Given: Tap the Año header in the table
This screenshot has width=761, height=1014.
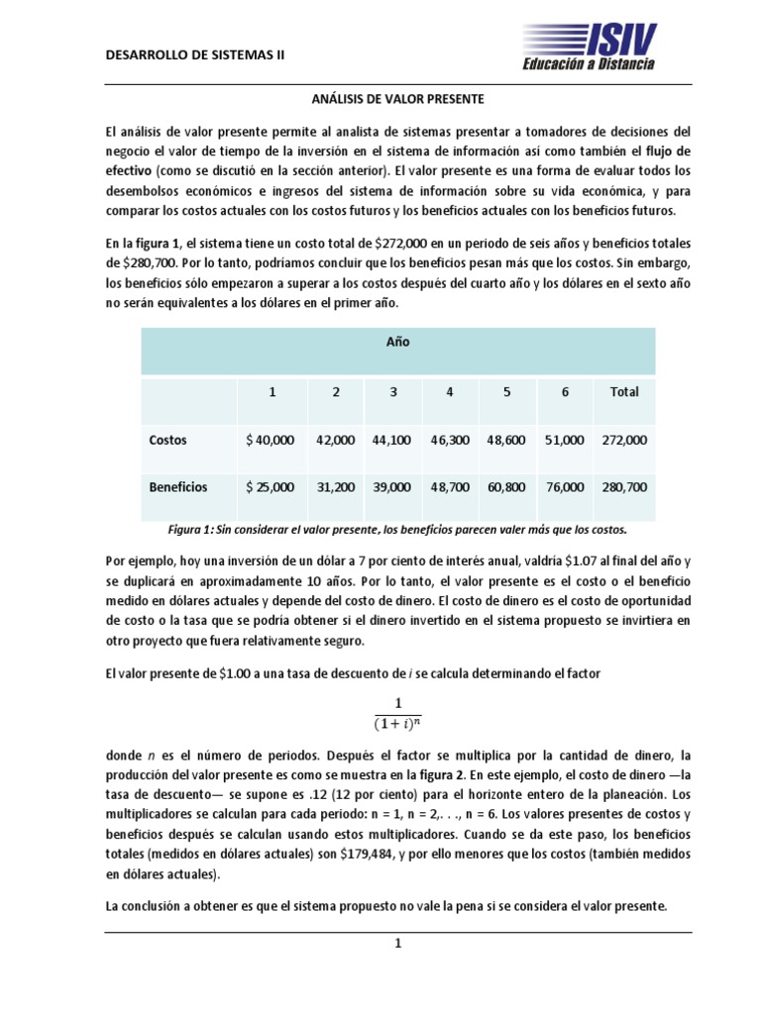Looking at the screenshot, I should pos(397,342).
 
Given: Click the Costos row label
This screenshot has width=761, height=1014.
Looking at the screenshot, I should pos(167,440).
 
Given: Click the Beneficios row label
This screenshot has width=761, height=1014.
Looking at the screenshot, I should pos(178,487).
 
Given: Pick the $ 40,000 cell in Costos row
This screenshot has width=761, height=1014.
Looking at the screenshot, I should pos(271,440).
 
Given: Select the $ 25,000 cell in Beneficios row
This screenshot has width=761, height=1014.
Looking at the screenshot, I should pos(271,487).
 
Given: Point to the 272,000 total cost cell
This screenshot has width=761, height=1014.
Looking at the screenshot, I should pos(624,440).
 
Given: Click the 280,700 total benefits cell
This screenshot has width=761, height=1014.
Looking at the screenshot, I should pos(624,487).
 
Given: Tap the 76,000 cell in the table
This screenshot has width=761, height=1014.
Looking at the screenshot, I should pos(565,487).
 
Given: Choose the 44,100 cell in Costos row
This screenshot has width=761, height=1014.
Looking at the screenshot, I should pos(393,440).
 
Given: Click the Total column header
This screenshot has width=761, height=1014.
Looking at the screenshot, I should pos(624,392).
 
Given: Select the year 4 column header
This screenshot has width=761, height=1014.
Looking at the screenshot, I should pos(450,392).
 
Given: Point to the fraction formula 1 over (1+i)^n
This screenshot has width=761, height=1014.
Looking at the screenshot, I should pos(397,712).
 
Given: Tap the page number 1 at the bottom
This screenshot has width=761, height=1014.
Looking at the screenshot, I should pos(397,945).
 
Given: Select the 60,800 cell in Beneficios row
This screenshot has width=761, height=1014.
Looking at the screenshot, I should pos(507,487).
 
